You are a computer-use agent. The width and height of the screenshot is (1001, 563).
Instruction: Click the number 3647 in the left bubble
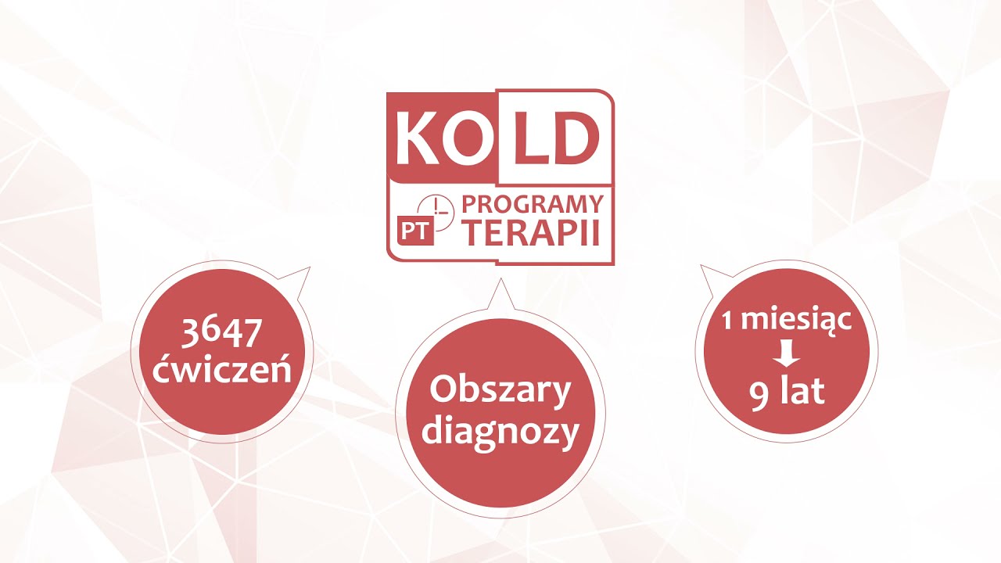(x=221, y=335)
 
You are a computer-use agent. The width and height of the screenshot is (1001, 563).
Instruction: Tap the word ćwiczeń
(x=222, y=369)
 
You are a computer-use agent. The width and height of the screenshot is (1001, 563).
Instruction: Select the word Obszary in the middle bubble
(x=500, y=392)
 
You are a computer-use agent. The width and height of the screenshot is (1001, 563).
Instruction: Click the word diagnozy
(x=500, y=432)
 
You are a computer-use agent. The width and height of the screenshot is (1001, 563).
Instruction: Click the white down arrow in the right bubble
(x=786, y=356)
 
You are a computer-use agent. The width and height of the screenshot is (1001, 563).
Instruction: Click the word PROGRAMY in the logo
(x=532, y=205)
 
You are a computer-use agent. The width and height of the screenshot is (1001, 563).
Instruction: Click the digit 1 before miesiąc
(x=727, y=320)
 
